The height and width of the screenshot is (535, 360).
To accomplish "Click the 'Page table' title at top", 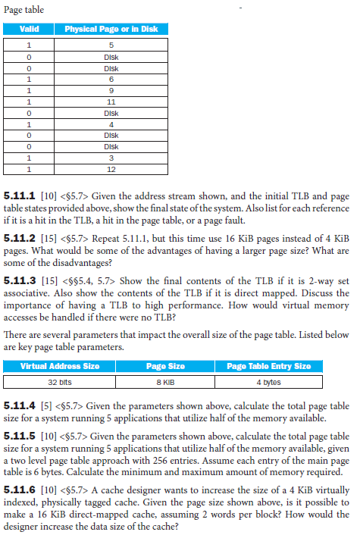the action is [x=23, y=10].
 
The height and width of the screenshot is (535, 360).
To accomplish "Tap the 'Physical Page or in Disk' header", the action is [x=111, y=29].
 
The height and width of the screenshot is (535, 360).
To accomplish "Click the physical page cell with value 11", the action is [x=111, y=100].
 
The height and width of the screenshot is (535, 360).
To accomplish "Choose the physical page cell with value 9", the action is [x=111, y=89].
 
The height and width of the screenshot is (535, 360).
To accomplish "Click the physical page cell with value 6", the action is [x=111, y=77].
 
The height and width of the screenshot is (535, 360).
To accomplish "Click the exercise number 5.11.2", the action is [x=20, y=237].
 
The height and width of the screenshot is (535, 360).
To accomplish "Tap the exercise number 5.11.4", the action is [x=20, y=408].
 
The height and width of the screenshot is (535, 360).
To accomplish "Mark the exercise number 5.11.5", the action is [x=20, y=437].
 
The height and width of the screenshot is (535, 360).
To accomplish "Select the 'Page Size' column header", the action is [x=165, y=367].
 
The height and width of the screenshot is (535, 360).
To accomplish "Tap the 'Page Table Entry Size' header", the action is [x=268, y=367].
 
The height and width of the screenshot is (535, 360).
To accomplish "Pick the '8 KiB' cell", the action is [x=165, y=381].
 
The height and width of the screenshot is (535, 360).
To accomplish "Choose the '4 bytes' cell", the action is [x=268, y=381].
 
